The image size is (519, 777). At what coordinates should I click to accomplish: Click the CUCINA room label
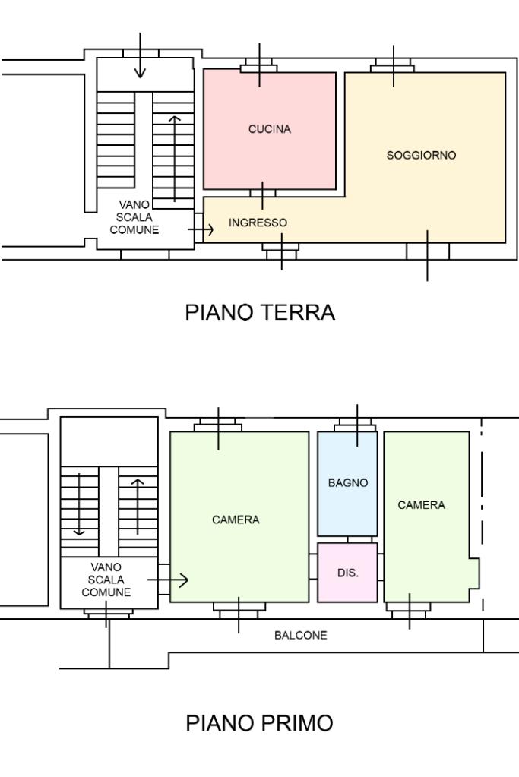click(x=270, y=129)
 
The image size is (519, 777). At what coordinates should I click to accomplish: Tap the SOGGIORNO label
click(x=421, y=155)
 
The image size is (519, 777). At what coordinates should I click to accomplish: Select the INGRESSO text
click(x=258, y=223)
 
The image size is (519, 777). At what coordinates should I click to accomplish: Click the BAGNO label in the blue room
click(x=348, y=482)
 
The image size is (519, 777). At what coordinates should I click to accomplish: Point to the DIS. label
click(x=348, y=573)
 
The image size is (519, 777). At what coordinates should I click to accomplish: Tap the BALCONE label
click(x=301, y=635)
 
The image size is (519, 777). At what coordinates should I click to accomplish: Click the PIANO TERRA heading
click(x=260, y=312)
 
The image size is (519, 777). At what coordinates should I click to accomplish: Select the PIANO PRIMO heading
click(x=260, y=723)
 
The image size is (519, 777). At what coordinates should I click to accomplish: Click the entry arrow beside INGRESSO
click(x=201, y=229)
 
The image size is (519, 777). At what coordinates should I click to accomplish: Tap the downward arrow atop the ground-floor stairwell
click(x=141, y=55)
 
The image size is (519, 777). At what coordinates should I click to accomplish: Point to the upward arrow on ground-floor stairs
click(x=175, y=159)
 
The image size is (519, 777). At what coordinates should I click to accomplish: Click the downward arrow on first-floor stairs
click(x=79, y=504)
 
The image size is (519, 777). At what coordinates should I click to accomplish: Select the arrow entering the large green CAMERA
click(x=168, y=580)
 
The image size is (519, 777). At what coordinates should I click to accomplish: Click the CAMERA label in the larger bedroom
click(x=236, y=520)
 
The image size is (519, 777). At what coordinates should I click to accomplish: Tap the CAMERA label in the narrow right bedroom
click(x=422, y=505)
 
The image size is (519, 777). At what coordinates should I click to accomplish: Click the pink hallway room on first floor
click(x=347, y=573)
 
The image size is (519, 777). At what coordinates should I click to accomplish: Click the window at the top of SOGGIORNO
click(x=394, y=65)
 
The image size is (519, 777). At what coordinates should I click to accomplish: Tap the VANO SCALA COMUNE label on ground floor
click(x=134, y=217)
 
